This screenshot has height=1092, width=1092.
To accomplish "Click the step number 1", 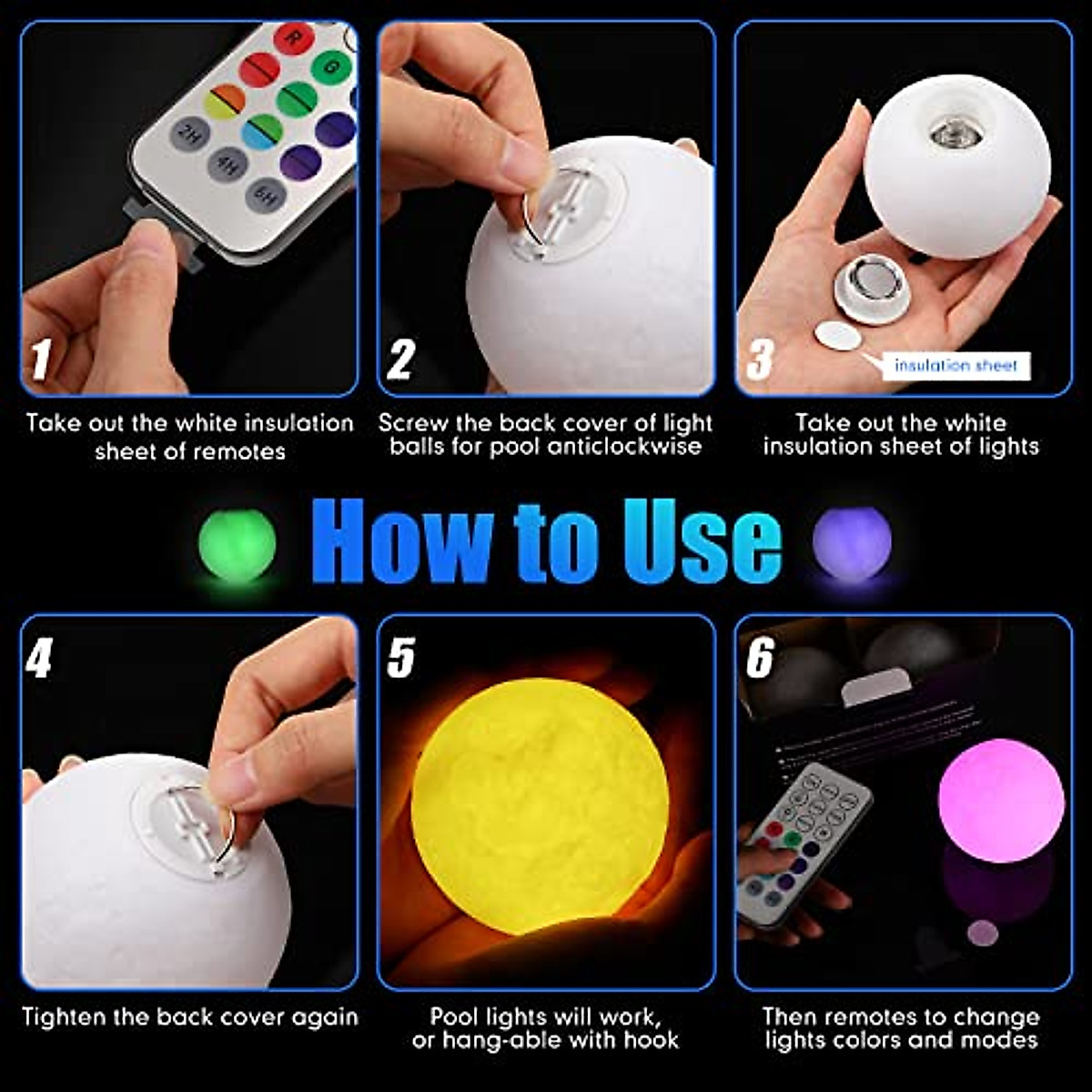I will [x=40, y=359].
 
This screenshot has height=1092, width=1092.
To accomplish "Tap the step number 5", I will [x=399, y=657].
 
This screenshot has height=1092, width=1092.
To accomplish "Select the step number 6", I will [x=760, y=657].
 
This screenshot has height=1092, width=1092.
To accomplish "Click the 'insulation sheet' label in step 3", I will [x=955, y=366].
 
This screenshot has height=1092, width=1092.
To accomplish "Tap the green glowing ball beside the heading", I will [x=237, y=545].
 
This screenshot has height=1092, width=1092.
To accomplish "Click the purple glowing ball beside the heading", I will [x=852, y=544].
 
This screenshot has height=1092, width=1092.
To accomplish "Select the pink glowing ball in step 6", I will [x=1001, y=800].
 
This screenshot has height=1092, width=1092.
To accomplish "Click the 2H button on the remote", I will [x=189, y=135].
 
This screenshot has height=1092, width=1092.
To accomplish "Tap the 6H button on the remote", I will [x=266, y=195].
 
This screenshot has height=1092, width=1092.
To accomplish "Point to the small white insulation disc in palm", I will [x=838, y=336].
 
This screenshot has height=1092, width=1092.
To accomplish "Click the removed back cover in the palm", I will [x=872, y=288].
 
